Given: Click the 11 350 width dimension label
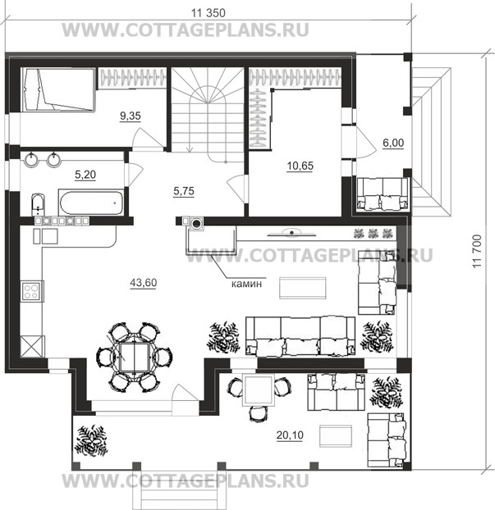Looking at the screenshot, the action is tap(208, 13).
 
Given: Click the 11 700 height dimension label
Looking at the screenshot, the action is tap(476, 251).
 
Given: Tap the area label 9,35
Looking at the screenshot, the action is tap(131, 116).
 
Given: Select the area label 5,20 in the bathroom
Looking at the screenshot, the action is tap(85, 175).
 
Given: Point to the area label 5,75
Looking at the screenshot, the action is tap(184, 191).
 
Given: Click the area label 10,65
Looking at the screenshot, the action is tap(300, 166).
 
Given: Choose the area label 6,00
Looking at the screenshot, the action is tap(393, 143).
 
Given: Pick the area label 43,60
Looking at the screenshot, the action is tap(144, 283).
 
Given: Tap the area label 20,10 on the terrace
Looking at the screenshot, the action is tap(290, 435).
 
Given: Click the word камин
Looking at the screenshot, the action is tap(246, 284).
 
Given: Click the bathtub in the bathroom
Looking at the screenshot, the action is tap(91, 203).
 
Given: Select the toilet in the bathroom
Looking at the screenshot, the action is tap(38, 204).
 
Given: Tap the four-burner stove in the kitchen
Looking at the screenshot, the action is tap(31, 291).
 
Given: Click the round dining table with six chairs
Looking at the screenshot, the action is tap(134, 357).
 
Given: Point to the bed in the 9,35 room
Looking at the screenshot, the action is tap(58, 89).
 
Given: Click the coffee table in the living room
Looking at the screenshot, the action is tap(303, 288).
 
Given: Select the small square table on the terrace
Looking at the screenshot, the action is tap(259, 390).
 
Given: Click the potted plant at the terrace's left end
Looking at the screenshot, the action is tap(91, 440).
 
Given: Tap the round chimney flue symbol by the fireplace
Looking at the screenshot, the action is tap(196, 224).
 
